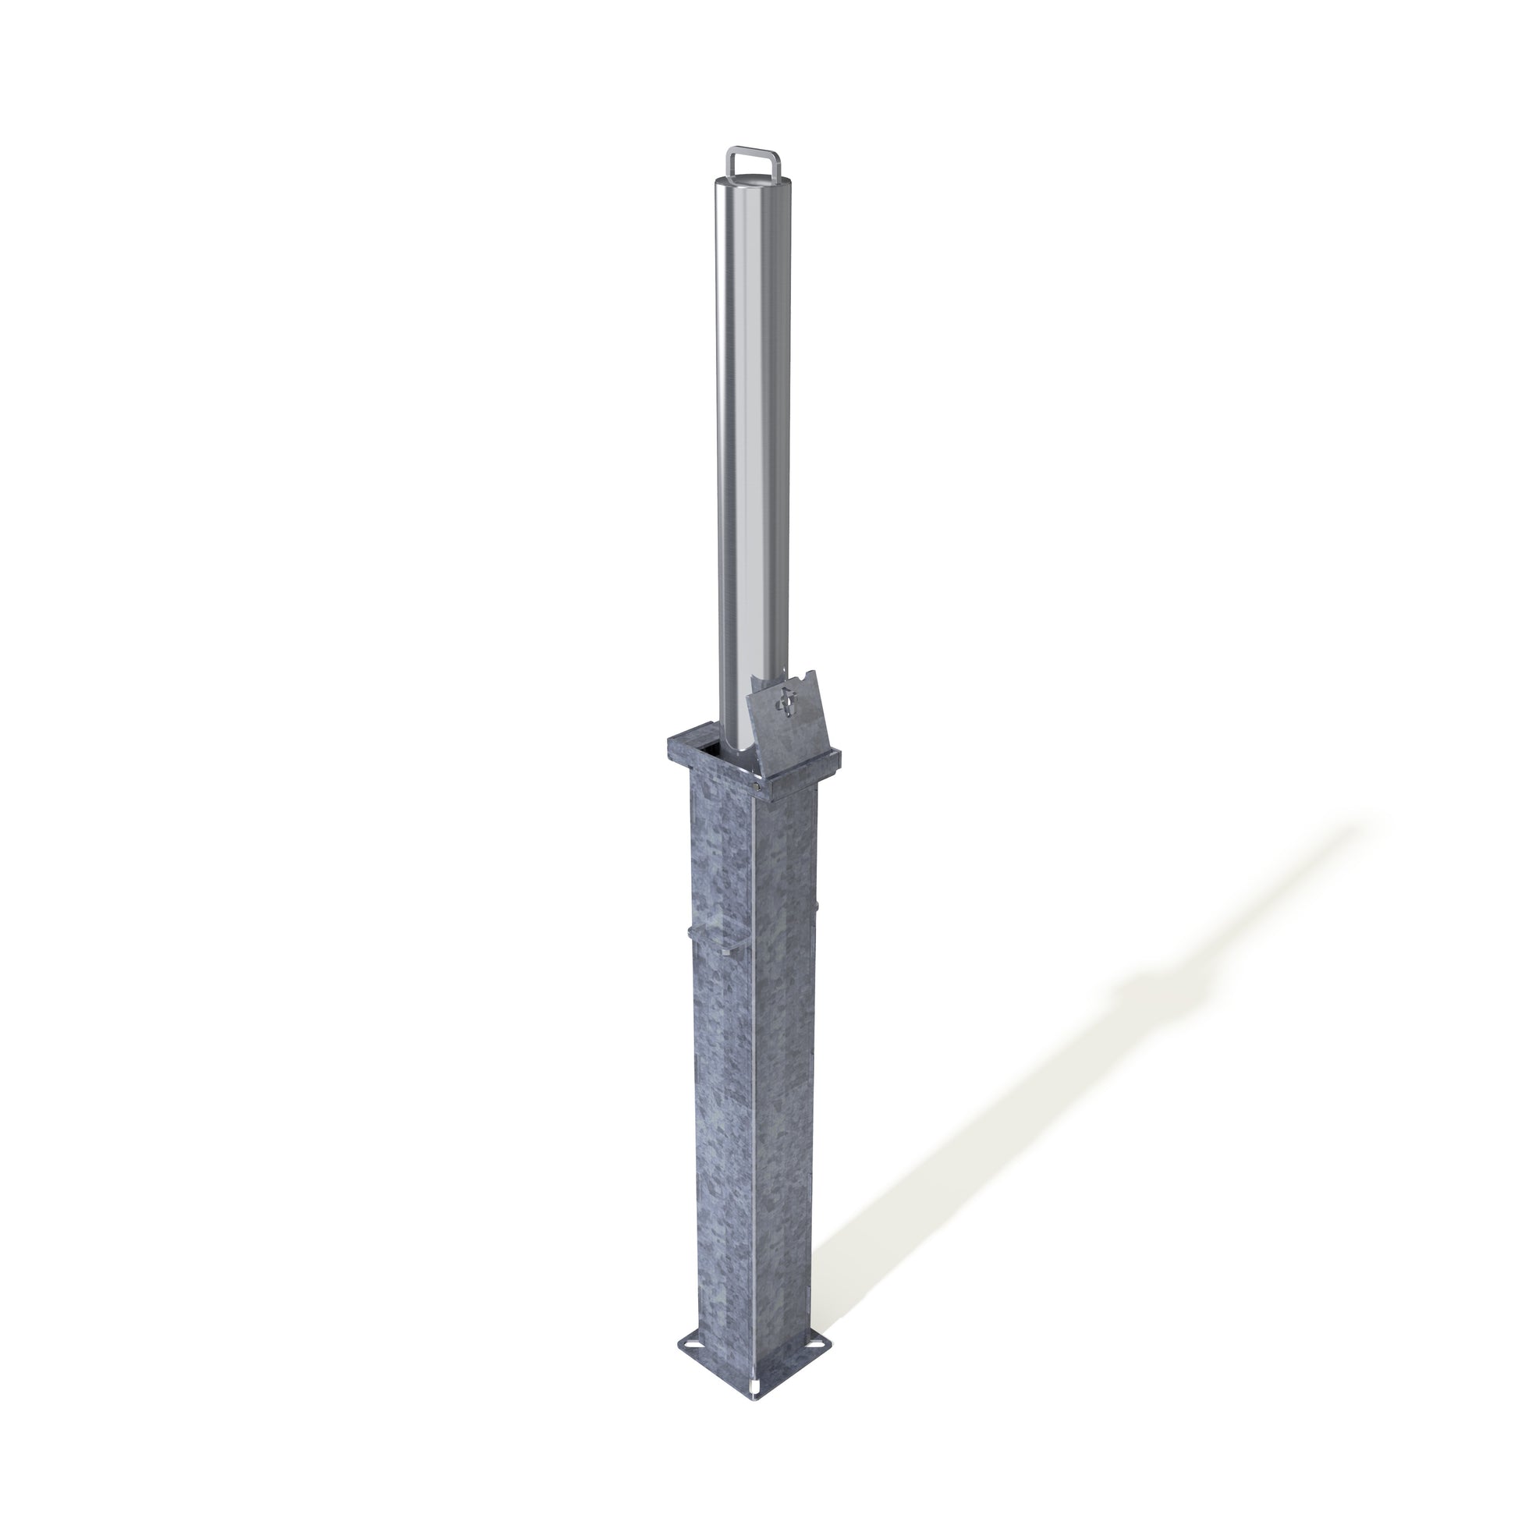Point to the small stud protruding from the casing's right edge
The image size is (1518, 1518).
(818, 908)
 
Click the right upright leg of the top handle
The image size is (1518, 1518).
(781, 164)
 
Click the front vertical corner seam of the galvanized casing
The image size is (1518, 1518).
(756, 1100)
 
